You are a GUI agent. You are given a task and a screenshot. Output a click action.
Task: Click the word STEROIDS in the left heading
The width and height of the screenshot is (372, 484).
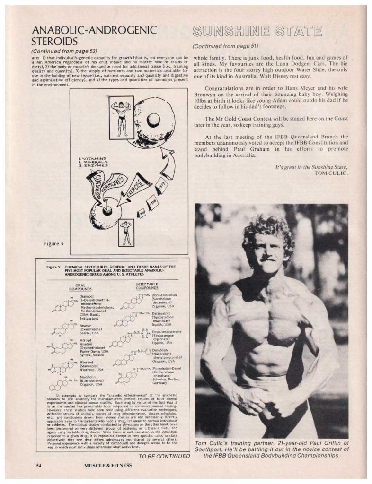click(x=54, y=42)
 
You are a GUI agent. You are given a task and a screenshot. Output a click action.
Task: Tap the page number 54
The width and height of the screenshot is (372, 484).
click(x=39, y=465)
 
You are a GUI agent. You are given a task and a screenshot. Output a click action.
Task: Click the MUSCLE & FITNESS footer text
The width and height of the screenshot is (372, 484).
click(x=108, y=465)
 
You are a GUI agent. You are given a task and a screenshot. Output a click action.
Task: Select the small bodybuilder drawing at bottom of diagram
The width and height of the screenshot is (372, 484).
click(x=126, y=231)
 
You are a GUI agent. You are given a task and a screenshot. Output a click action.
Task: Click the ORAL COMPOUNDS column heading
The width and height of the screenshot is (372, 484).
click(x=80, y=286)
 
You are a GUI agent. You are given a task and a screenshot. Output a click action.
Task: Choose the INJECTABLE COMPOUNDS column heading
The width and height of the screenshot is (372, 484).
click(x=147, y=285)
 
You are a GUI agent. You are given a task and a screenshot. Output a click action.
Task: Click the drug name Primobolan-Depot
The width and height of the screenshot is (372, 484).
click(x=165, y=368)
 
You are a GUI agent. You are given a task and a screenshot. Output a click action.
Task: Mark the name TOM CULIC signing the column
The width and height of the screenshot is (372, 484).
click(x=331, y=173)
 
